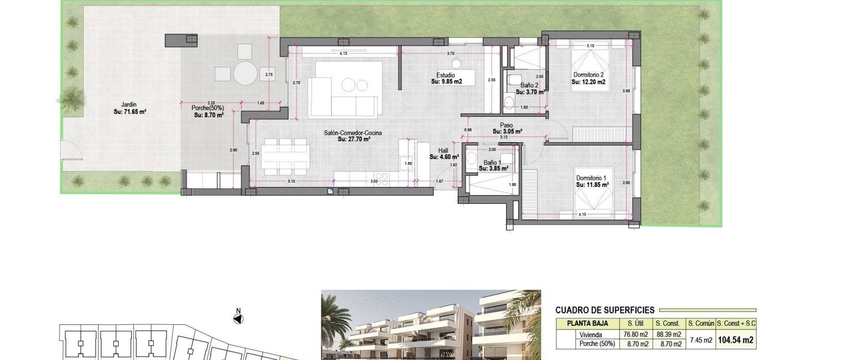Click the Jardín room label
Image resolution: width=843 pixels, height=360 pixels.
(129, 104)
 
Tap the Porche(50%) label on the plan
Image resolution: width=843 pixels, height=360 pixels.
(208, 108)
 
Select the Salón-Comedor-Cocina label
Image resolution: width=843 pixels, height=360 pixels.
(353, 133)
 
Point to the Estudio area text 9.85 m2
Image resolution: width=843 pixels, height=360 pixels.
(447, 82)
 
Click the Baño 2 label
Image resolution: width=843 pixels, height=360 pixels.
(529, 85)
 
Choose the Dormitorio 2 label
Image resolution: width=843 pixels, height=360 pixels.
(588, 75)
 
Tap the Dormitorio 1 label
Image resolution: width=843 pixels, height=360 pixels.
(591, 178)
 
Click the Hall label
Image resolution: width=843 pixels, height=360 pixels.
(443, 151)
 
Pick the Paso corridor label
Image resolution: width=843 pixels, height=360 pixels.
(506, 125)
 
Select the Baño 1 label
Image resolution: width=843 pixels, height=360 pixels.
(492, 162)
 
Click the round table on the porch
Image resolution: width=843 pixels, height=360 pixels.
(245, 73)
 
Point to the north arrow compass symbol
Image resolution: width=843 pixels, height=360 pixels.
(238, 319)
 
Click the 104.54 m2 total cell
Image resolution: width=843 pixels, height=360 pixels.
(735, 339)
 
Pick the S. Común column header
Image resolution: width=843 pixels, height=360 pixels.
(701, 324)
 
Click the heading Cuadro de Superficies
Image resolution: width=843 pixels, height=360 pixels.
(605, 310)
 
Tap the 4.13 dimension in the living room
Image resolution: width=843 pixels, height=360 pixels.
(343, 54)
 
